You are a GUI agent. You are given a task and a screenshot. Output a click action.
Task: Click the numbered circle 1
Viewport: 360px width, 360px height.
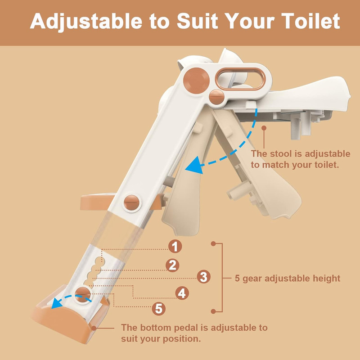(x=175, y=246)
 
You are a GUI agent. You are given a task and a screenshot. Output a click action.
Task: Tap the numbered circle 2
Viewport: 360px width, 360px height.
(x=172, y=265)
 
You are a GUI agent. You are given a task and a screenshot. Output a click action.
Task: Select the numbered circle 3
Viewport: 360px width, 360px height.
(x=203, y=277)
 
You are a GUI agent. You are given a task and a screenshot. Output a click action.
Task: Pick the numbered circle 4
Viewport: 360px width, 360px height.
(x=182, y=293)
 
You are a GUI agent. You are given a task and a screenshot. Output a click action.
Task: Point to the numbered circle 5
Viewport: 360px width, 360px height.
(x=159, y=309)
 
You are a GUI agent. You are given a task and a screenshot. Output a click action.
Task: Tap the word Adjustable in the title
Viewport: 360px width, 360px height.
(x=86, y=22)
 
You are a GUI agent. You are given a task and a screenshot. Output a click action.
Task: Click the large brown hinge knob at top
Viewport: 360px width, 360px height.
(x=196, y=81)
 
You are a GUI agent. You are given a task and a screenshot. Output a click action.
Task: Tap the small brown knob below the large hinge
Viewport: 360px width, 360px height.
(x=216, y=97)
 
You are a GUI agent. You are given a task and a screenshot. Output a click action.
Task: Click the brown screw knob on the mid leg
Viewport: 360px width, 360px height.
(x=131, y=202)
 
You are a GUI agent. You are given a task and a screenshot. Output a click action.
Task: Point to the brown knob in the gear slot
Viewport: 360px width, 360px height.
(x=82, y=294)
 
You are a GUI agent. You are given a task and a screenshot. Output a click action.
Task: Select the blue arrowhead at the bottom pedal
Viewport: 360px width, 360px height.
(x=56, y=303)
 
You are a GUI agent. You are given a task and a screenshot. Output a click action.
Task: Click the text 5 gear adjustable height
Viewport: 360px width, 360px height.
(x=287, y=278)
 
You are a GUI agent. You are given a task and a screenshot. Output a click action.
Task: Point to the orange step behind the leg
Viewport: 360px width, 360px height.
(x=97, y=202)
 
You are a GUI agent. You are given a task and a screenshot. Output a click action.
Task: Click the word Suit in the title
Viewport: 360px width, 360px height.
(x=197, y=21)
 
